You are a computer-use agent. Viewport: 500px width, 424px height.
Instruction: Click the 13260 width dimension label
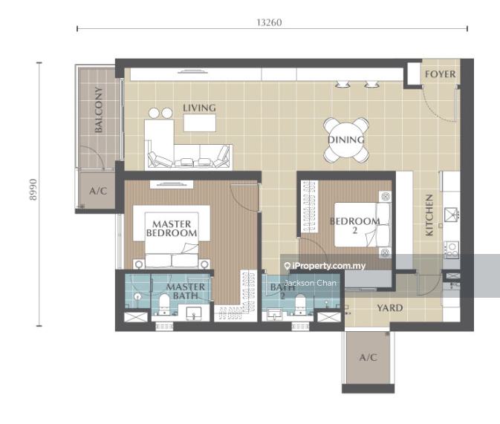[x=269, y=22]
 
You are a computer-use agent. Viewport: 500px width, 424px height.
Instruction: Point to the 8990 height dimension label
[x=33, y=189]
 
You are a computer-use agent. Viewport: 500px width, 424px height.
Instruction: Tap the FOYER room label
[x=441, y=74]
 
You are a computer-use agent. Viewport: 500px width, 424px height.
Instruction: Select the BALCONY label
[x=99, y=110]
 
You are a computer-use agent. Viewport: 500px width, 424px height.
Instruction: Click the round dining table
[x=346, y=140]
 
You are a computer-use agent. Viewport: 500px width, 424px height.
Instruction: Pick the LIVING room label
[x=199, y=108]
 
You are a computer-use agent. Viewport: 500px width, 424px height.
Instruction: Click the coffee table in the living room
[x=200, y=123]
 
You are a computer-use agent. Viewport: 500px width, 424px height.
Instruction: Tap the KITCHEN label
[x=429, y=215]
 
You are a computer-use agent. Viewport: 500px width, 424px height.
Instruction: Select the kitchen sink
[x=452, y=215]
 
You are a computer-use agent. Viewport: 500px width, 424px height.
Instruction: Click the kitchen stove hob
[x=452, y=249]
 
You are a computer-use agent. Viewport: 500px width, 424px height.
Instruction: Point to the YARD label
[x=389, y=308]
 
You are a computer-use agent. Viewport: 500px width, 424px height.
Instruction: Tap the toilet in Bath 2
[x=300, y=304]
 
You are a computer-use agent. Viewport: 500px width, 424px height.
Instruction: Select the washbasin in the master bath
[x=194, y=313]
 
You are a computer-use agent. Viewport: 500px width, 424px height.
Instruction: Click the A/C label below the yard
[x=368, y=357]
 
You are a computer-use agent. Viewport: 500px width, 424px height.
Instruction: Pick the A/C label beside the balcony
[x=98, y=191]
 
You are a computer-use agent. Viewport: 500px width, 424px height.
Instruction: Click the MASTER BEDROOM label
[x=172, y=229]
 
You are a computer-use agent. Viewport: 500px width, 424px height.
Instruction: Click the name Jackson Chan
[x=310, y=283]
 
